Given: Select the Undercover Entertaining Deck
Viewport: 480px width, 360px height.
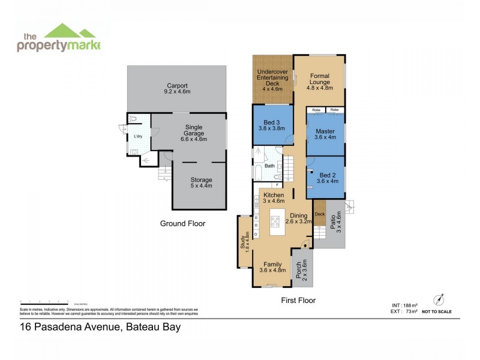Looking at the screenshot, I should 272,78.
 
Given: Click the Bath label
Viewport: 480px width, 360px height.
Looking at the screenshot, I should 269,166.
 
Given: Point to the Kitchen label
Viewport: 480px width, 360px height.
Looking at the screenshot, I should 274,195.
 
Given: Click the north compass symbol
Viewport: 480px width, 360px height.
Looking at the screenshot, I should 440,299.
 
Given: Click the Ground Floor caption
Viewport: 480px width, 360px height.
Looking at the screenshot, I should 182,223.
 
